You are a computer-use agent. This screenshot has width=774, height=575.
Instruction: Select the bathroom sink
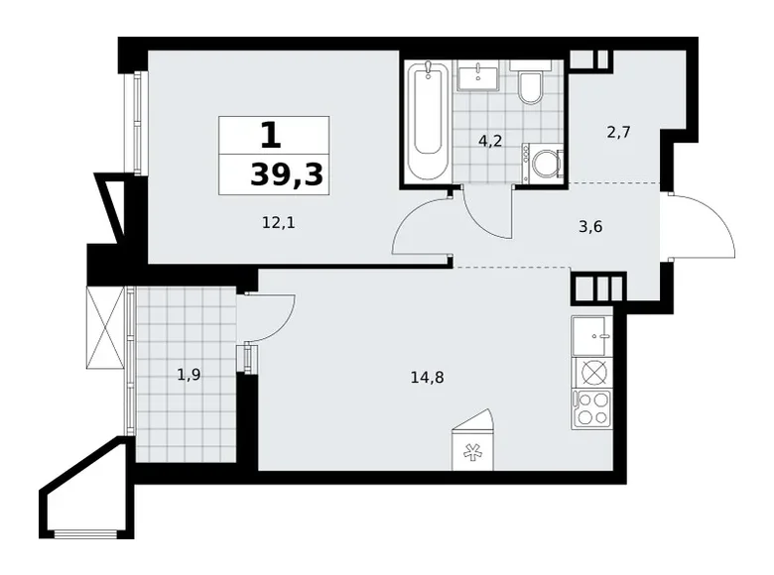click(481, 78)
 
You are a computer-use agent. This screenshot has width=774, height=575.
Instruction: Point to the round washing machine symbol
click(544, 163)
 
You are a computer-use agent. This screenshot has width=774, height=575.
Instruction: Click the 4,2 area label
click(490, 141)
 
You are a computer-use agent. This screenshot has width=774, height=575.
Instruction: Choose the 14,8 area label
click(427, 376)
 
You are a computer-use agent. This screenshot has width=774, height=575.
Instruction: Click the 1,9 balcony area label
click(190, 374)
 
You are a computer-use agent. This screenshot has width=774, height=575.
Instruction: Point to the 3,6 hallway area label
click(589, 225)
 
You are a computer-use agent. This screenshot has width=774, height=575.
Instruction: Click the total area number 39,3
click(287, 175)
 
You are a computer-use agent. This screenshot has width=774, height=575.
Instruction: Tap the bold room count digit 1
click(269, 134)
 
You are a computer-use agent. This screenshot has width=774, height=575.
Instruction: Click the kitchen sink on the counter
click(593, 337)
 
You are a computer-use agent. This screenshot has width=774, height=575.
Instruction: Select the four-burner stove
click(593, 406)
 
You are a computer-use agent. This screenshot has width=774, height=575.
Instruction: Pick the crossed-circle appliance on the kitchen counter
click(593, 372)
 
